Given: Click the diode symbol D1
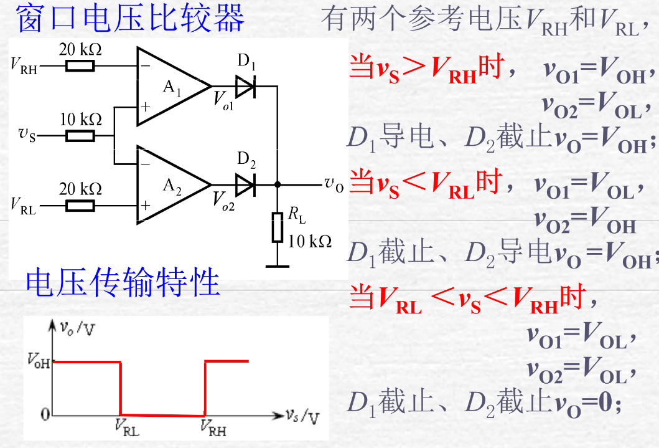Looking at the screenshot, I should [x=246, y=86].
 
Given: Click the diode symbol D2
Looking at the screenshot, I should [x=246, y=184].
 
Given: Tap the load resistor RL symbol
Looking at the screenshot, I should [x=278, y=227].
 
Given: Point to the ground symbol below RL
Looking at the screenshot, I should [x=278, y=267].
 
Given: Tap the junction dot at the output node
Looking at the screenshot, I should [x=278, y=184].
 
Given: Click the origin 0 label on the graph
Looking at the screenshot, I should [x=44, y=414].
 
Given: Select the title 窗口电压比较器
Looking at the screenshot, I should [x=131, y=19].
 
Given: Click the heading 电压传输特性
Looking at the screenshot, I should [x=123, y=284].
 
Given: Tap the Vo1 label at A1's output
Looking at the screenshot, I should [x=223, y=100].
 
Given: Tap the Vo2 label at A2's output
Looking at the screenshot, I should [x=223, y=199].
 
